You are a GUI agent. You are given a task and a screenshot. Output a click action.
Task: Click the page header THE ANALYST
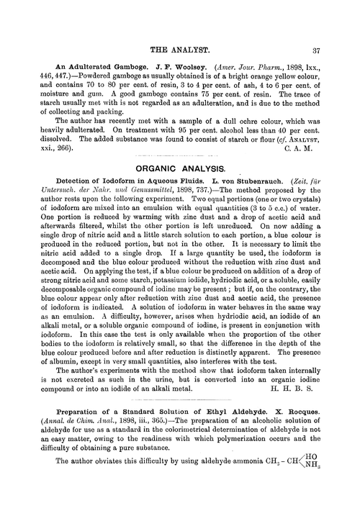tap(179, 51)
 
